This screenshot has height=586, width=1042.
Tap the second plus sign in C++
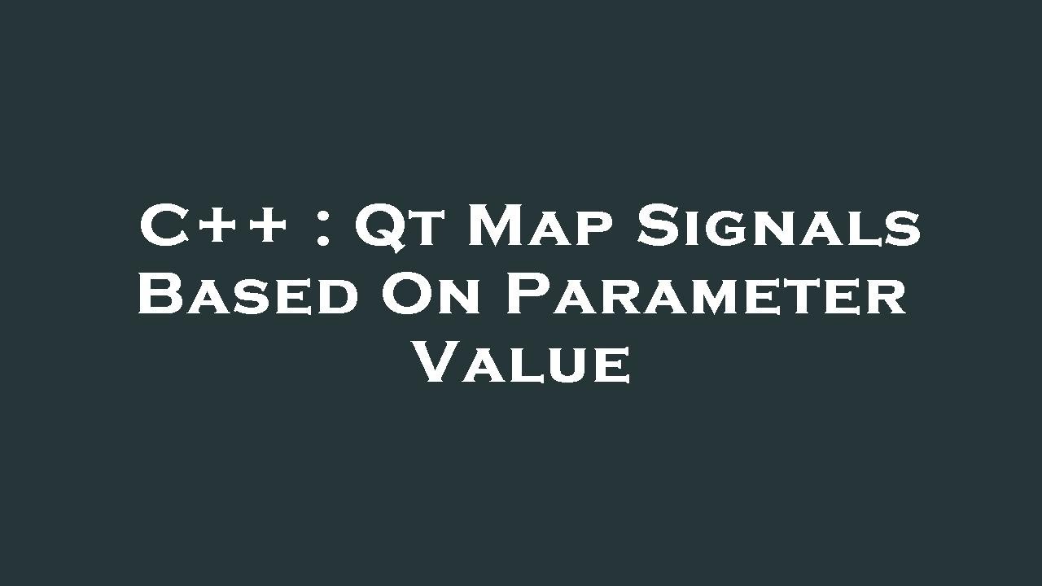click(x=265, y=227)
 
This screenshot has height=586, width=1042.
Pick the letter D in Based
click(x=338, y=297)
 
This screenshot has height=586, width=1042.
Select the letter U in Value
click(x=567, y=365)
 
